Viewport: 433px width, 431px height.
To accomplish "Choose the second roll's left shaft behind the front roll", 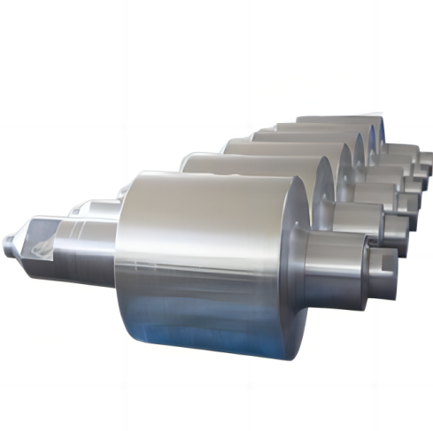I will coord(97,208).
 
